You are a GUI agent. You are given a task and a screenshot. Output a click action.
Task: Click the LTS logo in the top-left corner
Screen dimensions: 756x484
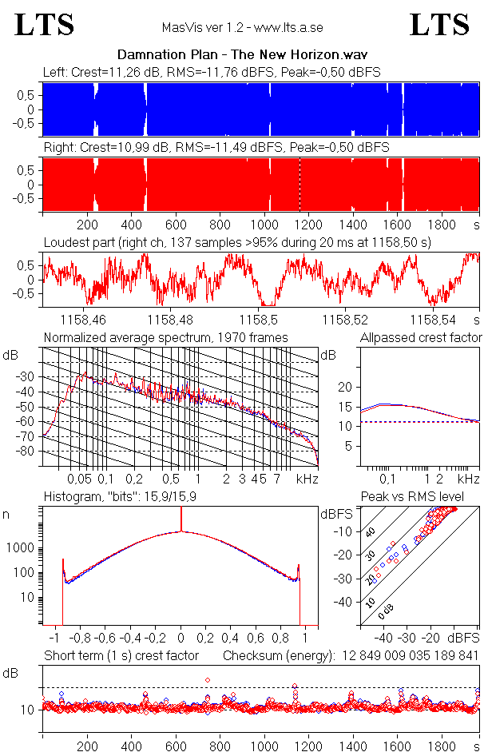[x=45, y=25]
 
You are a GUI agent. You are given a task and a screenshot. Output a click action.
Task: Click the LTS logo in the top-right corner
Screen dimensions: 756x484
[x=438, y=25]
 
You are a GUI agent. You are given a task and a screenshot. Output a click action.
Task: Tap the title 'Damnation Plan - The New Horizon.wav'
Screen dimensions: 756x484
[x=241, y=55]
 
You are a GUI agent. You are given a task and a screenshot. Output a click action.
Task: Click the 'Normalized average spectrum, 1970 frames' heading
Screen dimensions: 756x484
[x=165, y=338]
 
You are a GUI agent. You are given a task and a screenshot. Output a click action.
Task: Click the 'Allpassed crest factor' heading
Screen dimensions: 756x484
[x=421, y=338]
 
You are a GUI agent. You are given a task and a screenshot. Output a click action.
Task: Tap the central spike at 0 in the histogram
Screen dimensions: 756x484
[x=181, y=519]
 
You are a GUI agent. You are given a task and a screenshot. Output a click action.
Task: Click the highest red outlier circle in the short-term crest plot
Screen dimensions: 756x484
[x=208, y=680]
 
